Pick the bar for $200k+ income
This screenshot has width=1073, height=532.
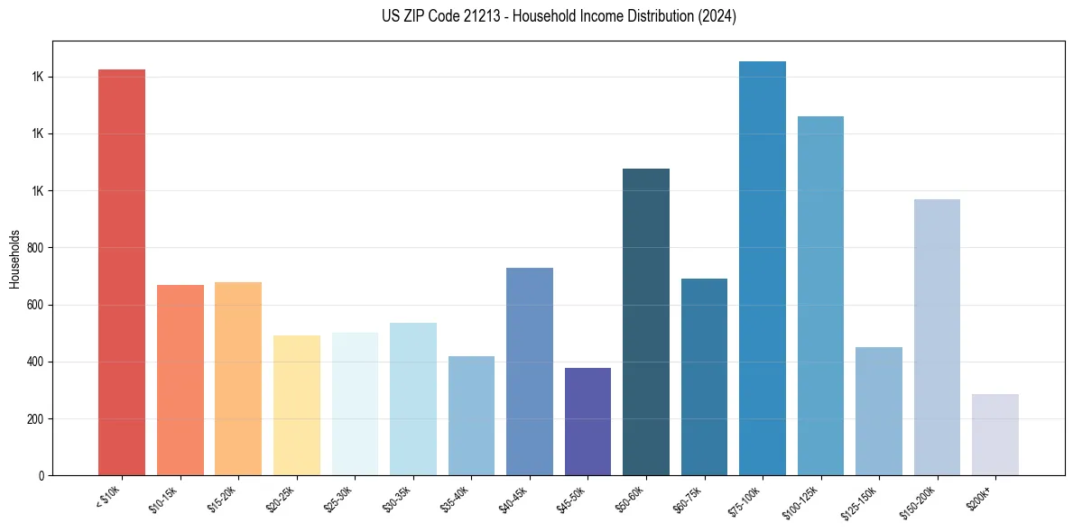coord(995,435)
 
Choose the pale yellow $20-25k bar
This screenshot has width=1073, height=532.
coord(297,405)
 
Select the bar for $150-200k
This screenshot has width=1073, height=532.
coord(937,337)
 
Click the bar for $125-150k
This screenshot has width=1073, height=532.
coord(879,411)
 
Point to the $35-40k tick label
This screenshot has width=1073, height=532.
coord(456,499)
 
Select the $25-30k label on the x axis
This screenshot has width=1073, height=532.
coord(339,499)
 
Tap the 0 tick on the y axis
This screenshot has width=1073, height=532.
coord(41,475)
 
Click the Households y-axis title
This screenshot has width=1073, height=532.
coord(15,259)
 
